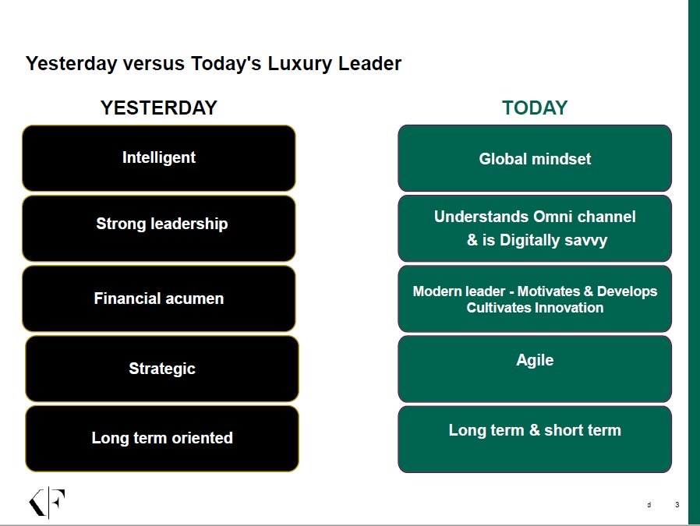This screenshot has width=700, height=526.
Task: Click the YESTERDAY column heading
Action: pyautogui.click(x=159, y=108)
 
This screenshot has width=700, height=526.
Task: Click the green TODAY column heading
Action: pyautogui.click(x=535, y=108)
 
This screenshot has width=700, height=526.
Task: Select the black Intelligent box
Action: pyautogui.click(x=159, y=158)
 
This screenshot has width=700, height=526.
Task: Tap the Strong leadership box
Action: pyautogui.click(x=159, y=228)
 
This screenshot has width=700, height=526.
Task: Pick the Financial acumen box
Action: pyautogui.click(x=159, y=298)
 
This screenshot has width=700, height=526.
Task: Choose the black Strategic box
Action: pyautogui.click(x=162, y=369)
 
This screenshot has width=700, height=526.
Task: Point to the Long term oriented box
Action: pyautogui.click(x=162, y=439)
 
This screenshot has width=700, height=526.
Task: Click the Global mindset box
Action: pyautogui.click(x=535, y=158)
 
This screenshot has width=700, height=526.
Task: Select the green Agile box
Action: pyautogui.click(x=535, y=369)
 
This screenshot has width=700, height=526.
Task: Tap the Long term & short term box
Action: pyautogui.click(x=535, y=439)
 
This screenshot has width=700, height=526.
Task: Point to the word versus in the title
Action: pyautogui.click(x=154, y=64)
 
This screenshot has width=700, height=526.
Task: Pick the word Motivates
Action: pyautogui.click(x=549, y=291)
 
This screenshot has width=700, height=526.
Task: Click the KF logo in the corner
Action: pyautogui.click(x=48, y=503)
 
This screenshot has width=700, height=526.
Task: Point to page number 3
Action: pyautogui.click(x=677, y=505)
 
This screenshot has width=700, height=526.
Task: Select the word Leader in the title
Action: pyautogui.click(x=370, y=64)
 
